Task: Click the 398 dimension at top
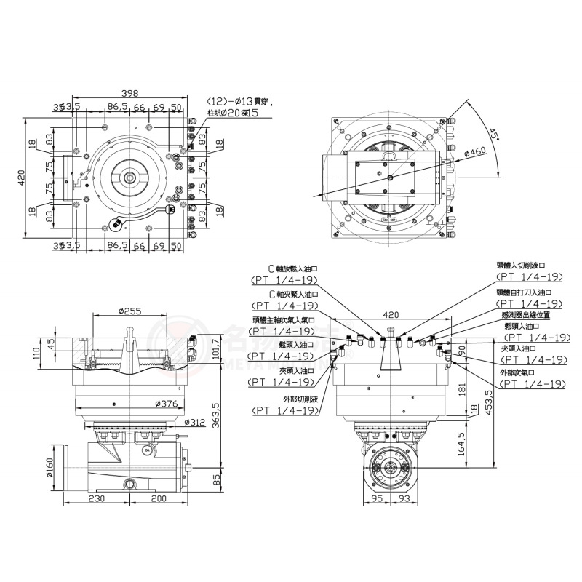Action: (129, 93)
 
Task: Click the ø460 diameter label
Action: (474, 153)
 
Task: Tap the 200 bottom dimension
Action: (159, 500)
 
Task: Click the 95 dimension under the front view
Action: (377, 500)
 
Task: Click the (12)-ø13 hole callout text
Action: (231, 101)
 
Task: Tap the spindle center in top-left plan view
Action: (130, 177)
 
